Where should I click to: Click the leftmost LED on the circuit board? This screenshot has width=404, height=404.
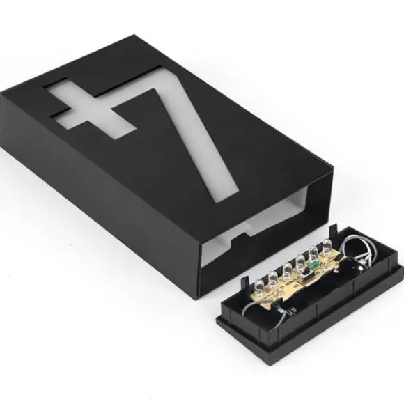(x=259, y=286)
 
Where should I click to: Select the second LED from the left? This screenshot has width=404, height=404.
(x=273, y=278)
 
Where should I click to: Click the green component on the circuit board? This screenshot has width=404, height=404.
(x=313, y=265)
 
